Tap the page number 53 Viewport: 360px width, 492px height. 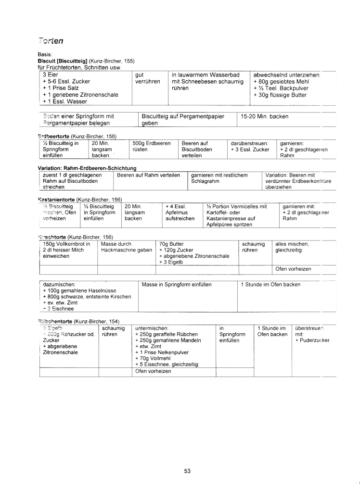(x=187, y=471)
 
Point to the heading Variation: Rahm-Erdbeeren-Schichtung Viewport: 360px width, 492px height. (x=87, y=168)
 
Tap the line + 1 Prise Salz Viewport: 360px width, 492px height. (x=61, y=88)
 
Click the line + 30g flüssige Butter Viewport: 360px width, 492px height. (x=280, y=95)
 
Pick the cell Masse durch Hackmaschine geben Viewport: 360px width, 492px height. (x=125, y=247)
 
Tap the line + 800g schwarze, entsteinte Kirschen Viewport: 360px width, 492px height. (x=87, y=297)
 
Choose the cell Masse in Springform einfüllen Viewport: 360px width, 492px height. (x=177, y=285)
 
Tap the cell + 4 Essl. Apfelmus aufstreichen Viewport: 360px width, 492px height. (x=180, y=212)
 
